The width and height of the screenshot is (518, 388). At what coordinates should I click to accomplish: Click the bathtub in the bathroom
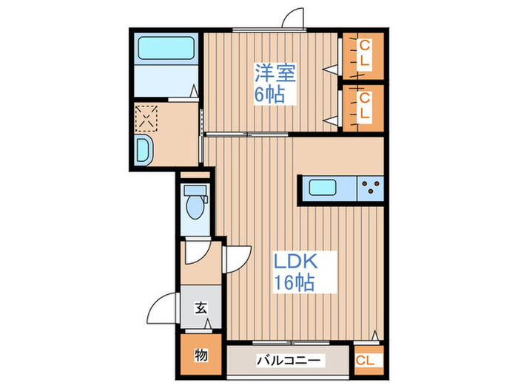[x=166, y=50]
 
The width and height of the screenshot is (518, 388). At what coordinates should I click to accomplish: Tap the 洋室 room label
[x=275, y=73]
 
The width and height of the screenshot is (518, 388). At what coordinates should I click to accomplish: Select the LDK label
[x=296, y=261]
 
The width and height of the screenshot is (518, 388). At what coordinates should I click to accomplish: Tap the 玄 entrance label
[x=201, y=308]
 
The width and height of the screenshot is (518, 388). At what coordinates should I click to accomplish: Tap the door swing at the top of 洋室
[x=295, y=18]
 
